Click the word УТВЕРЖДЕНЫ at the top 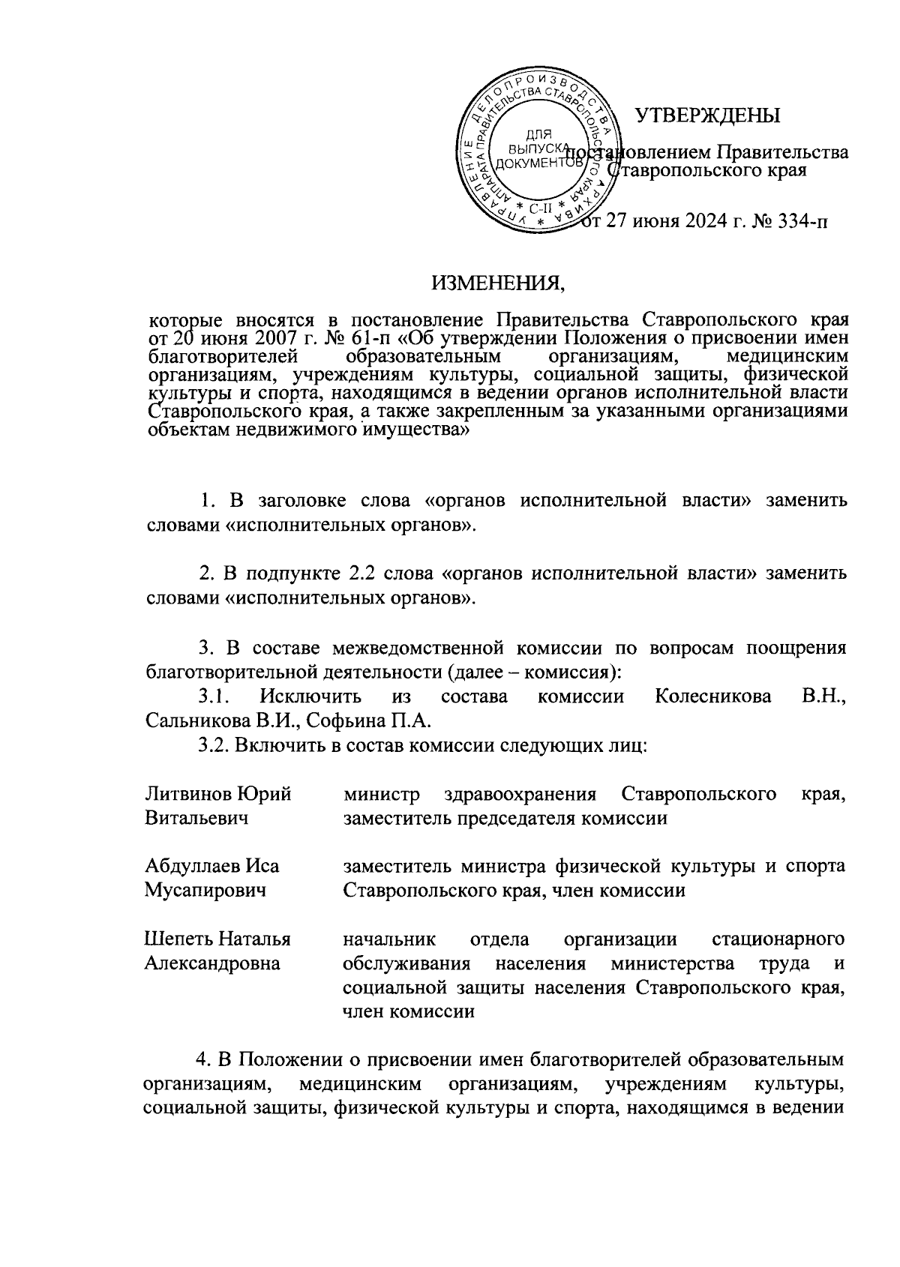(707, 115)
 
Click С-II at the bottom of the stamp (538, 208)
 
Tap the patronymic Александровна (212, 963)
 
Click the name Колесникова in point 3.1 (712, 696)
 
